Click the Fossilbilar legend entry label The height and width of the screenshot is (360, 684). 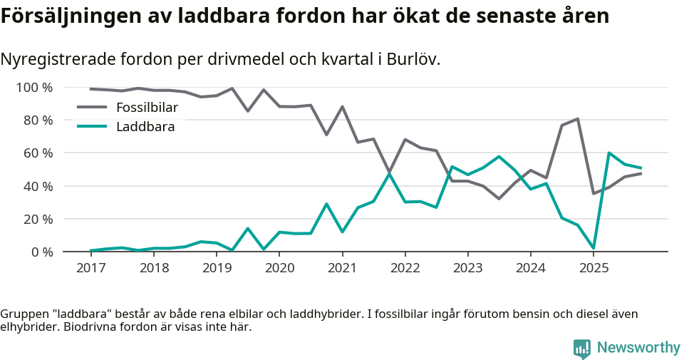coord(147,108)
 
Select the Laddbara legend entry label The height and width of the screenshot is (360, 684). coord(145,127)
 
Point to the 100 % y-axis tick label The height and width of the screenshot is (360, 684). coord(35,88)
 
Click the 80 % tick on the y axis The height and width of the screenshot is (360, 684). coord(38,120)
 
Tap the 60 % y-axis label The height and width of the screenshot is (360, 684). coord(38,153)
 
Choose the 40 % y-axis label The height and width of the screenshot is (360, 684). coord(38,186)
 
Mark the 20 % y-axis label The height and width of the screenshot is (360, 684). coord(38,219)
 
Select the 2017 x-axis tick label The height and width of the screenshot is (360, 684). coord(91,268)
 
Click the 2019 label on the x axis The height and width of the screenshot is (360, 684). coord(217,268)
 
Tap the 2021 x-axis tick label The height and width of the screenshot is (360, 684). coord(342,268)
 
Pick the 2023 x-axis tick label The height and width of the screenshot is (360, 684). coord(467,268)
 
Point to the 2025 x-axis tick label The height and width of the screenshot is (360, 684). coord(593,268)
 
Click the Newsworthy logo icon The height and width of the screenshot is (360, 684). coord(582,348)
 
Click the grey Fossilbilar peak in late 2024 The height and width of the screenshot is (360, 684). coord(577,119)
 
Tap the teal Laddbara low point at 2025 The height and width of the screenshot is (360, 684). coord(593,248)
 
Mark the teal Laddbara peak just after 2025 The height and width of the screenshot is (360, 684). coord(609,153)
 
